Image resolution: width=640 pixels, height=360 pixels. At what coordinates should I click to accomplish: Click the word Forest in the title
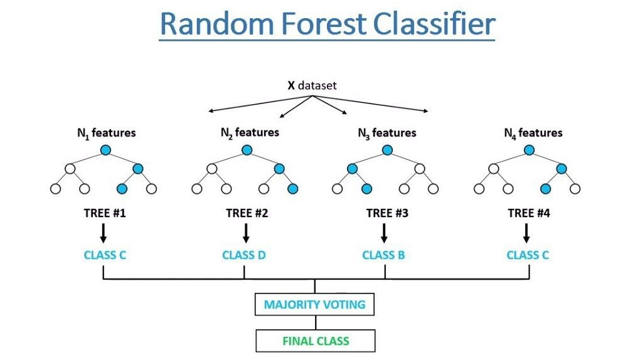(324, 24)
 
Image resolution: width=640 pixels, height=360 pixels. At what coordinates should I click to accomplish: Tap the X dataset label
(312, 85)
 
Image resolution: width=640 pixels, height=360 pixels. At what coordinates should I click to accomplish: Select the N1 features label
(107, 133)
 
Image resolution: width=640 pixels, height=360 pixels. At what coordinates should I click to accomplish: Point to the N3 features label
(387, 133)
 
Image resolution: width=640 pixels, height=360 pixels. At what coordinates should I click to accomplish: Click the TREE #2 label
(247, 213)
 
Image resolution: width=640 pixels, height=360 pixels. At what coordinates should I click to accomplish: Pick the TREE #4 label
(529, 213)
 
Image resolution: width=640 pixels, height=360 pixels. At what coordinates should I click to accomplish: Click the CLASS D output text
(243, 255)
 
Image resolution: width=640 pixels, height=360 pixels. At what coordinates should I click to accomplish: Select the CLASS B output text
(383, 255)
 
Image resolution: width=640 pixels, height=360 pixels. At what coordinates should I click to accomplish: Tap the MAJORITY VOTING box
(314, 304)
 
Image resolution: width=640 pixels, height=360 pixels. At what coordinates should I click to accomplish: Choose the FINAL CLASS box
(316, 341)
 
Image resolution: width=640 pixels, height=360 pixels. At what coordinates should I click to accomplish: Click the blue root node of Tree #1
(105, 150)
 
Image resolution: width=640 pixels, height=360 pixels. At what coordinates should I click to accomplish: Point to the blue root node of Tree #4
(529, 150)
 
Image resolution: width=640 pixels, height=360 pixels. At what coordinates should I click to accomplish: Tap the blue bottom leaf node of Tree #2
(292, 189)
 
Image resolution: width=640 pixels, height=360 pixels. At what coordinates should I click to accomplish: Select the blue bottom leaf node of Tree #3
(366, 189)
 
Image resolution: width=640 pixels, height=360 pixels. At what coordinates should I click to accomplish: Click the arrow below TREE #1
(104, 233)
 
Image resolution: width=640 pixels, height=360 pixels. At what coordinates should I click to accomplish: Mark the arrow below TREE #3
(384, 233)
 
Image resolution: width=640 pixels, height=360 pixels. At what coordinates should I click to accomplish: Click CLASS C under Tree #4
(528, 255)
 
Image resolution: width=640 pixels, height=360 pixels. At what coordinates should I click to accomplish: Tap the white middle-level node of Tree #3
(420, 169)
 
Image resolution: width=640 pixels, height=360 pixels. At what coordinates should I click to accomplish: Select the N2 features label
(250, 133)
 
